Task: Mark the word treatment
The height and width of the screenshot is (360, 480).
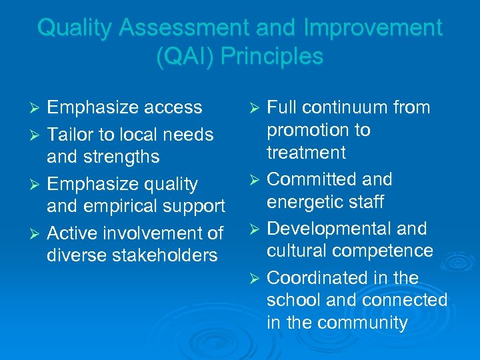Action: coord(306,153)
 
